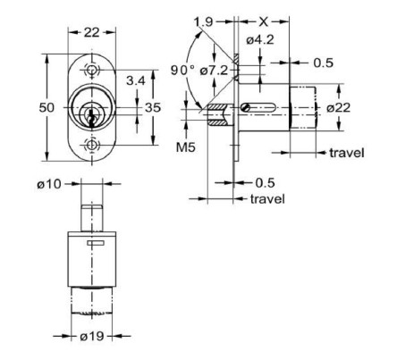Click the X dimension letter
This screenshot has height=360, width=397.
[x=262, y=19]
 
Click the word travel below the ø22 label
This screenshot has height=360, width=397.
[x=346, y=154]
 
